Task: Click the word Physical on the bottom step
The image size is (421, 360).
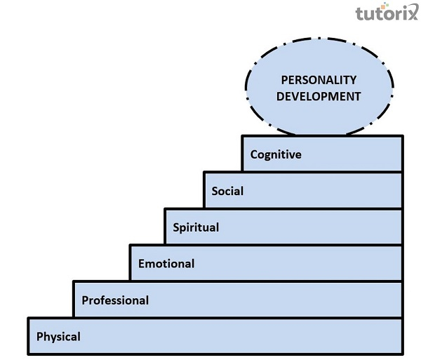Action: pyautogui.click(x=58, y=336)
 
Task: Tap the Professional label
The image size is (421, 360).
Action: pyautogui.click(x=115, y=300)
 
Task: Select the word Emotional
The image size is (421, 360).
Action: pyautogui.click(x=166, y=264)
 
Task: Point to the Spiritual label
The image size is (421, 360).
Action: pyautogui.click(x=196, y=227)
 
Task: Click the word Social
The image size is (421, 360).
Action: pyautogui.click(x=227, y=190)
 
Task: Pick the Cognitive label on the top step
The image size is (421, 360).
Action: pyautogui.click(x=276, y=154)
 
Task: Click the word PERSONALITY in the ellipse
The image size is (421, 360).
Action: pyautogui.click(x=319, y=80)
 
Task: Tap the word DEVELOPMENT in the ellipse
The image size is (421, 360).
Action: pyautogui.click(x=319, y=95)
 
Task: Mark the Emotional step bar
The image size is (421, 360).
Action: pyautogui.click(x=295, y=264)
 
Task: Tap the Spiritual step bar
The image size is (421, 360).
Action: pyautogui.click(x=309, y=227)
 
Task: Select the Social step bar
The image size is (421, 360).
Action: pyautogui.click(x=323, y=190)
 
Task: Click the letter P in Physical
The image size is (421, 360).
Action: pyautogui.click(x=40, y=336)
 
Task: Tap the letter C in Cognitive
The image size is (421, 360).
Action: pyautogui.click(x=254, y=154)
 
